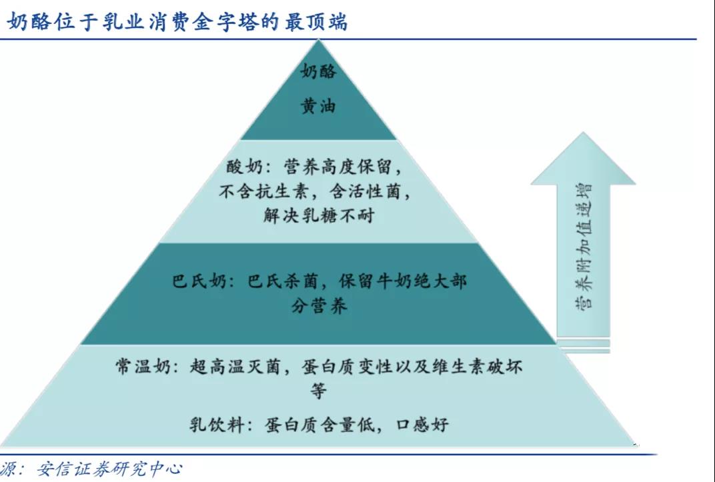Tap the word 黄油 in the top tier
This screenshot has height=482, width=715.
point(319,105)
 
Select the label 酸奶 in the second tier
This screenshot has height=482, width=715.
point(242,165)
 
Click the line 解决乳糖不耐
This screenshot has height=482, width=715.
point(319,217)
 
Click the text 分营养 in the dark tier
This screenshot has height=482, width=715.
point(319,306)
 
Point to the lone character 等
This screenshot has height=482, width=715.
point(319,391)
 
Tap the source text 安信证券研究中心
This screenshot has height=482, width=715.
point(106,469)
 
